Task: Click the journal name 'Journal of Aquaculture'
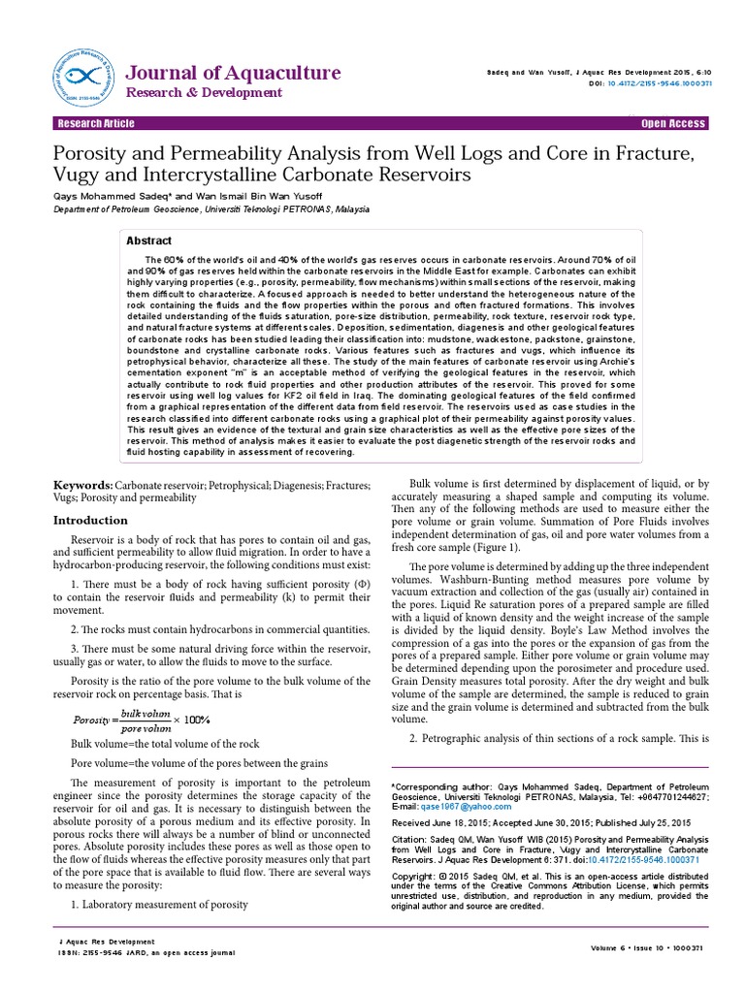click(234, 74)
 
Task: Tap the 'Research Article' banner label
click(96, 124)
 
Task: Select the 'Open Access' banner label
click(673, 124)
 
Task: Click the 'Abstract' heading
click(148, 240)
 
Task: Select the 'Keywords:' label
click(81, 483)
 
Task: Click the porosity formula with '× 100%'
click(142, 719)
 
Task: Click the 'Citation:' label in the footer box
click(411, 837)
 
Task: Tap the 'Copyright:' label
click(415, 876)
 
